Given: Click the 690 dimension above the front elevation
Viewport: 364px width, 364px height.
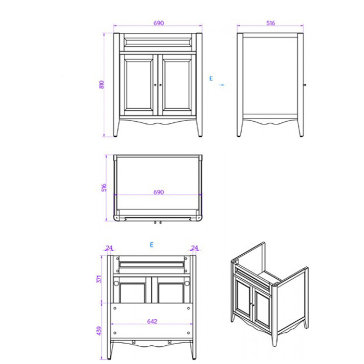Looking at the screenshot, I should point(159,23).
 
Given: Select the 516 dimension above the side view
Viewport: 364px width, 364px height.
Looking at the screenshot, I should point(270,23).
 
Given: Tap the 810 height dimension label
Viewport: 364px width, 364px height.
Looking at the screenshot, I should point(102,84).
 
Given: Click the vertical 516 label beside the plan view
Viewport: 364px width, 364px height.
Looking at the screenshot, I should point(104,187).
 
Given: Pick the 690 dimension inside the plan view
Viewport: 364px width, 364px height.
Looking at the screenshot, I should point(159,192).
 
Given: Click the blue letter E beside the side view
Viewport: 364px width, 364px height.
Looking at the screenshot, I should point(211,79).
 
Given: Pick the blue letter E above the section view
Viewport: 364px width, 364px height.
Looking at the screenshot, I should point(151,244).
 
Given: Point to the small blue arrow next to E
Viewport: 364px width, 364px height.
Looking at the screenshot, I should point(222,84).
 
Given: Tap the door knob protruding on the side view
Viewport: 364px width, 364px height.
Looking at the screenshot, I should point(305,84).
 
